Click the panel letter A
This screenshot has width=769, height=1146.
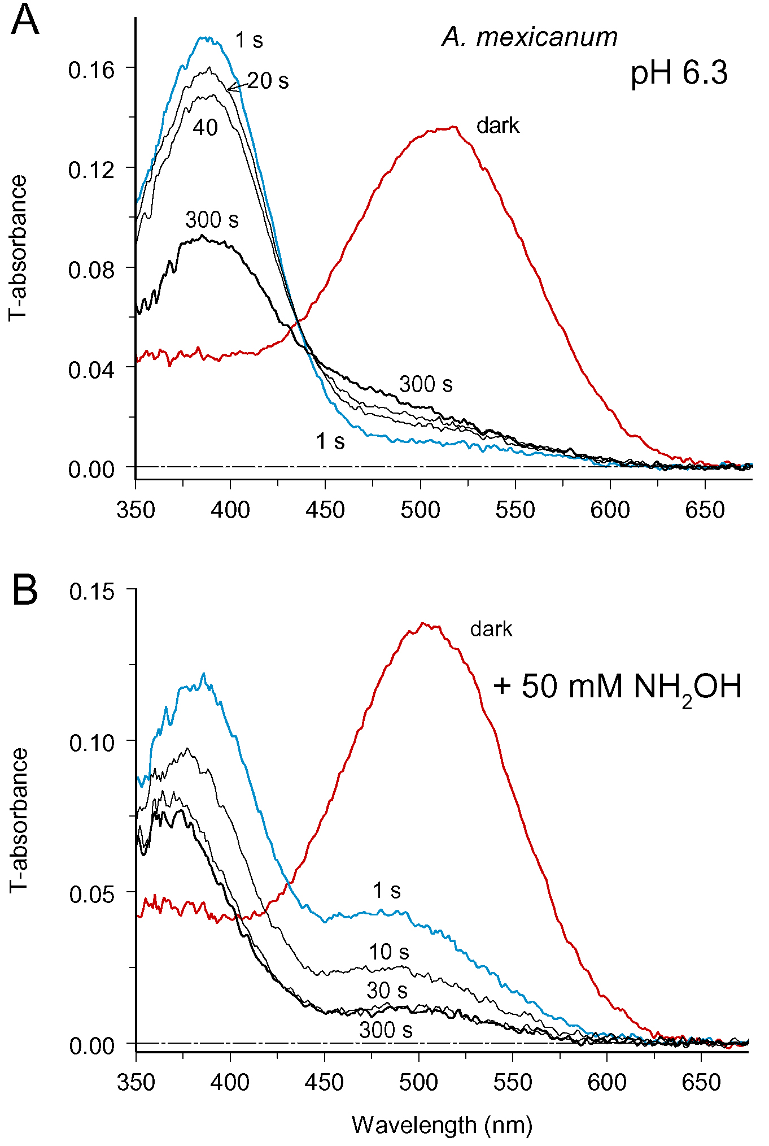(x=25, y=21)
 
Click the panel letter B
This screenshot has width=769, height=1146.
(x=25, y=591)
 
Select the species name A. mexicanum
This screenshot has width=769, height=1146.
(x=530, y=37)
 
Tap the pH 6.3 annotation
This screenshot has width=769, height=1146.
(x=679, y=73)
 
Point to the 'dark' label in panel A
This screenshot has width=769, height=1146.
(x=497, y=126)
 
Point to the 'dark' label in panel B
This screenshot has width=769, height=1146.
(x=491, y=630)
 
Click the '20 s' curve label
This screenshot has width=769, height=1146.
(x=268, y=81)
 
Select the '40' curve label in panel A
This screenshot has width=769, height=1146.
(x=205, y=128)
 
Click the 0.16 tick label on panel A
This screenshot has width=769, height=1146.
(x=91, y=71)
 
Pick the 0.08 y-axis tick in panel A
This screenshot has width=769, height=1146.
(x=91, y=270)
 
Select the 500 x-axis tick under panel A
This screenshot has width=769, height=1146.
(x=420, y=510)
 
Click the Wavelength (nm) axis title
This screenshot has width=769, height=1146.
(x=442, y=1125)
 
